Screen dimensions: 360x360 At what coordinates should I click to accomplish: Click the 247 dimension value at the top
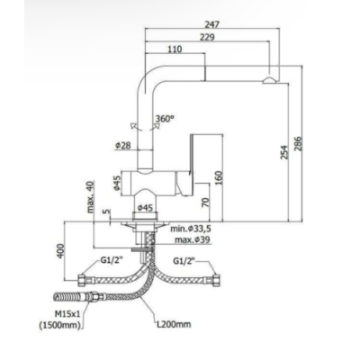pos(212,24)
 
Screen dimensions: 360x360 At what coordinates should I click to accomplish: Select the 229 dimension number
pos(207,37)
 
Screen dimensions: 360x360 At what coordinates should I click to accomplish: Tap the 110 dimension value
pos(175,49)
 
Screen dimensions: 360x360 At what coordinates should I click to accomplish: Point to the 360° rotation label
pos(165,118)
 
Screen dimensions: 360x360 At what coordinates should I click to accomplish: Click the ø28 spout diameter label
pos(123,146)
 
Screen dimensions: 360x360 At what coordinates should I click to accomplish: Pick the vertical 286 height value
pos(298,144)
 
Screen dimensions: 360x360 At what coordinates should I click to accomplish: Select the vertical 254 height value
pos(284,152)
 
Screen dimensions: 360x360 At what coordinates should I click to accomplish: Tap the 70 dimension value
pos(205,202)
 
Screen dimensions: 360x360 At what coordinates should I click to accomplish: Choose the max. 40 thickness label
pos(91,197)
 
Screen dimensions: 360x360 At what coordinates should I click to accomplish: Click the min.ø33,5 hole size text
pos(191,229)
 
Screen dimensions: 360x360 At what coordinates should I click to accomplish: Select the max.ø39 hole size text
pos(193,239)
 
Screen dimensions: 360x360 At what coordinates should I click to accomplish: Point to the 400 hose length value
pos(61,251)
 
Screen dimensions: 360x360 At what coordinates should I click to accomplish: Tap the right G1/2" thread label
pos(184,261)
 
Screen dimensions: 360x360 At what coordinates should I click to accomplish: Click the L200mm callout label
pos(174,324)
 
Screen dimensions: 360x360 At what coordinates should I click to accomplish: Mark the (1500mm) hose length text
pos(60,326)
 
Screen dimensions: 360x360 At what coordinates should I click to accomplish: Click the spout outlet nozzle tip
pos(270,80)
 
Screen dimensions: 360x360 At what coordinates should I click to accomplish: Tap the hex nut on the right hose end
pos(215,280)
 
